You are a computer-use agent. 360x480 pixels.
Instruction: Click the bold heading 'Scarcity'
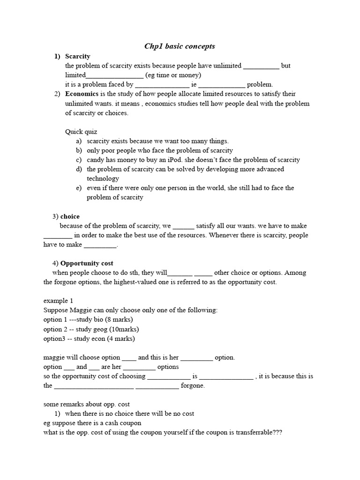pyautogui.click(x=78, y=56)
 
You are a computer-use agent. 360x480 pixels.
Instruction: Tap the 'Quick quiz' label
pyautogui.click(x=81, y=132)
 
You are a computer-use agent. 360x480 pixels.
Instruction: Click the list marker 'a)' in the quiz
pyautogui.click(x=79, y=141)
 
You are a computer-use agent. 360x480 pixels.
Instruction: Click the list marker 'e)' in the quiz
pyautogui.click(x=79, y=188)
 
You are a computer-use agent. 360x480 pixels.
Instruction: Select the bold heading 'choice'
pyautogui.click(x=70, y=217)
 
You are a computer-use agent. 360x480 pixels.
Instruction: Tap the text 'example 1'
pyautogui.click(x=58, y=300)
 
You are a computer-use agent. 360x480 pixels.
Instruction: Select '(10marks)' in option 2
pyautogui.click(x=123, y=329)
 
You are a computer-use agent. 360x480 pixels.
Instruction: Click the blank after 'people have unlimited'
pyautogui.click(x=261, y=66)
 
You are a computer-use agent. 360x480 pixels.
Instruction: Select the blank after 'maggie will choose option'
pyautogui.click(x=129, y=358)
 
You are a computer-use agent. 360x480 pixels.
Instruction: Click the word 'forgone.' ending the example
pyautogui.click(x=193, y=386)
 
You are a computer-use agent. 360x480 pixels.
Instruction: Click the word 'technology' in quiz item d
pyautogui.click(x=103, y=179)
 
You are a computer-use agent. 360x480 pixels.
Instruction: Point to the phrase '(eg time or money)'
pyautogui.click(x=173, y=75)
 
